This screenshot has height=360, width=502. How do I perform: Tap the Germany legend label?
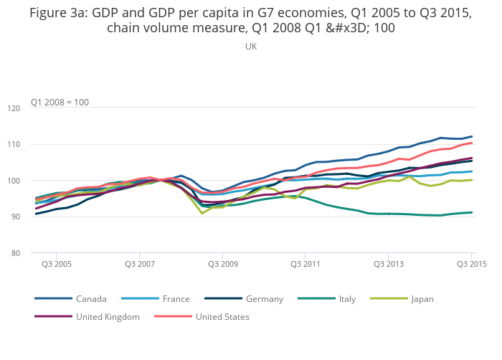[x=264, y=298]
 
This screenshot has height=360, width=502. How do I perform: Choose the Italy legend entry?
[x=347, y=298]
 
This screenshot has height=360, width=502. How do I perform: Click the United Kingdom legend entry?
[x=108, y=316]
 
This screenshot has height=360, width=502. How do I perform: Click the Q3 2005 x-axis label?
[x=57, y=264]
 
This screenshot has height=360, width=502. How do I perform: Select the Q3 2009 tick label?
[x=223, y=264]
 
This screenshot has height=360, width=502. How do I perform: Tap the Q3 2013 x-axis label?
[x=389, y=264]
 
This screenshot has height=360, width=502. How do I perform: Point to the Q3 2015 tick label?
[x=472, y=264]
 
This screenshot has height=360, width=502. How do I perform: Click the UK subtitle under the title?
[x=251, y=46]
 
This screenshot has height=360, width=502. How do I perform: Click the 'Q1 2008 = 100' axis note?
[x=60, y=102]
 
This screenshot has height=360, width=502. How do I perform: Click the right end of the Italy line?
[x=471, y=212]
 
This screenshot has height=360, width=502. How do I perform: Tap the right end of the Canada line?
[x=471, y=136]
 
